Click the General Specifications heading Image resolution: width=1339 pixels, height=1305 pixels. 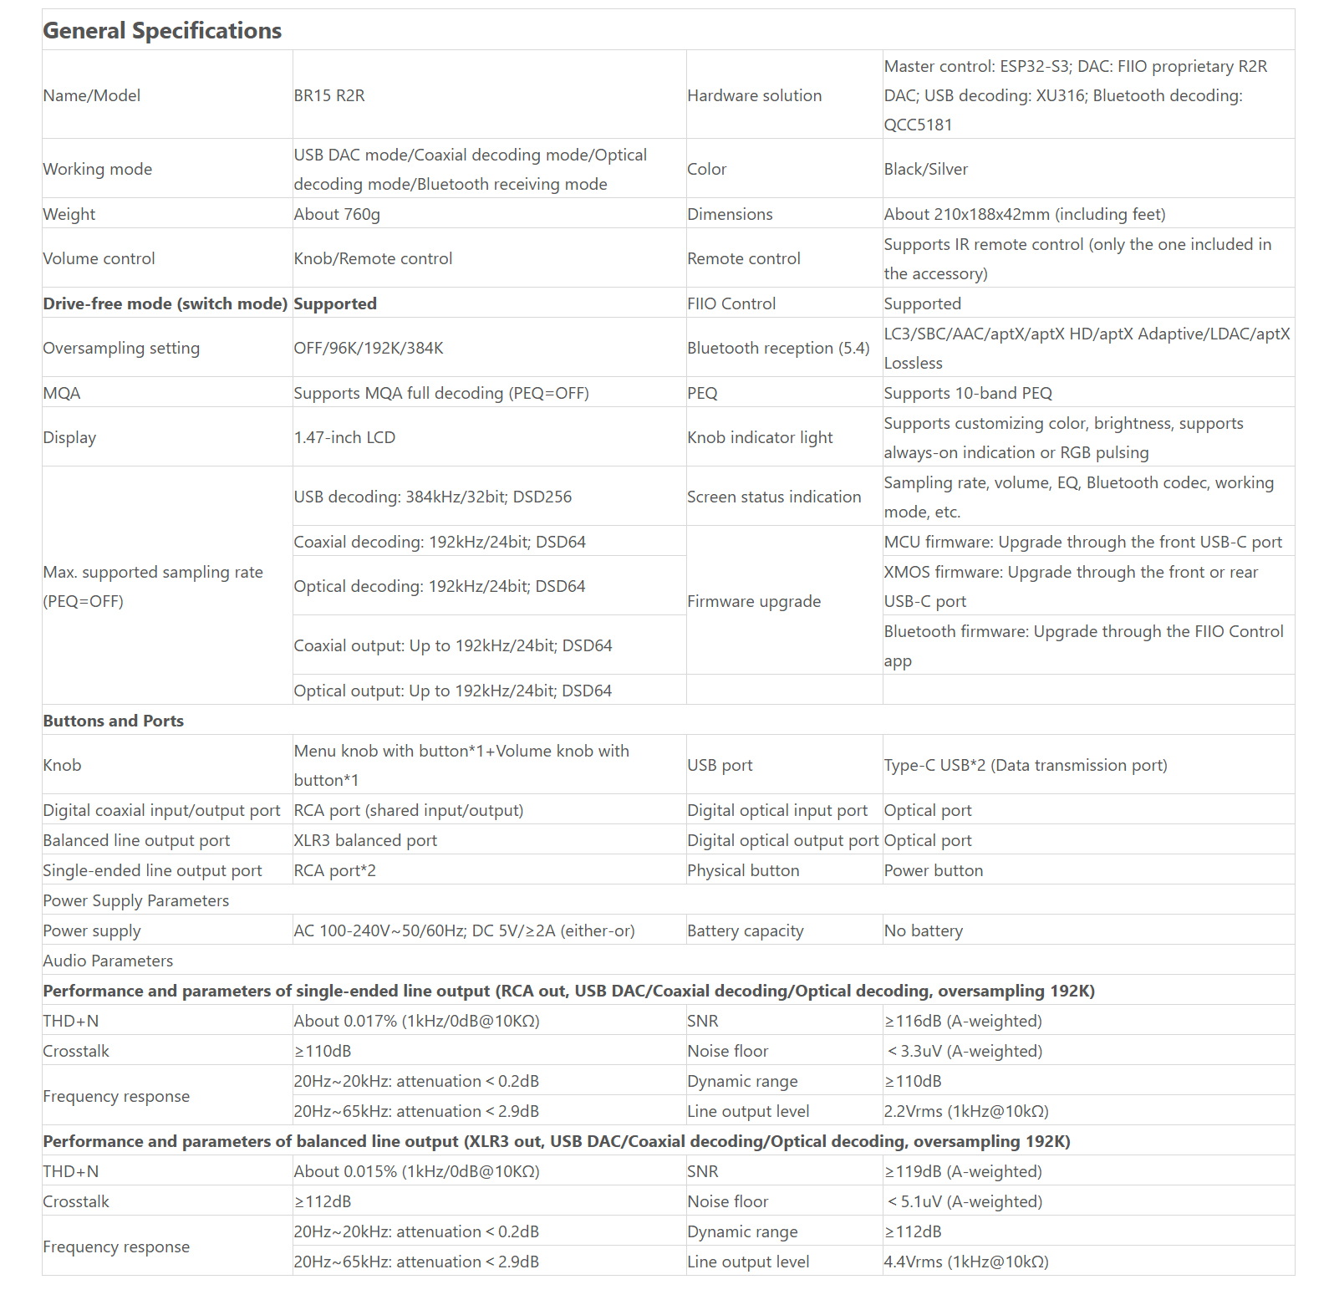click(x=162, y=31)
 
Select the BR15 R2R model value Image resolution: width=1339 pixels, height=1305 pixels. click(x=329, y=95)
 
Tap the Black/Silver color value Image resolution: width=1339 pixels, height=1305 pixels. click(x=925, y=169)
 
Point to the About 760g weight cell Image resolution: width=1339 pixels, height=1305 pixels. click(x=337, y=214)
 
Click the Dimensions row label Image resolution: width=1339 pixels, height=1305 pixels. click(x=730, y=214)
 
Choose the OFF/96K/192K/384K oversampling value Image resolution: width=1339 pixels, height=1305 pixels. click(x=369, y=348)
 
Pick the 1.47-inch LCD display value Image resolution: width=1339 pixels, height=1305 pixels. click(x=344, y=437)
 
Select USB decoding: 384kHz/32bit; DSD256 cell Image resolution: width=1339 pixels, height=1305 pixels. click(x=433, y=497)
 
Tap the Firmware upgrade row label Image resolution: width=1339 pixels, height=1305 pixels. click(x=754, y=601)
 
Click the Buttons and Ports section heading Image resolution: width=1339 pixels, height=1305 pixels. click(x=113, y=721)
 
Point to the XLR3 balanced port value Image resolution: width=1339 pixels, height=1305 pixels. click(x=365, y=840)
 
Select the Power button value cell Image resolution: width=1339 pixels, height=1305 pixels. click(x=933, y=870)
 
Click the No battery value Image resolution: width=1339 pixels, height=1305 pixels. click(x=923, y=930)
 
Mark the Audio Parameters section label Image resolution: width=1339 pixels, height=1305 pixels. click(x=108, y=961)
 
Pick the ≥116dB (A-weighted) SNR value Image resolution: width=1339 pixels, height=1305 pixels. click(x=963, y=1021)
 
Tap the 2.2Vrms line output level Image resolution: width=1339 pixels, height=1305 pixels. click(x=966, y=1111)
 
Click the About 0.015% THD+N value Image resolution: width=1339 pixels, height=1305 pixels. click(x=416, y=1171)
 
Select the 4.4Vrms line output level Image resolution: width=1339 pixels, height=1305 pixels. click(x=966, y=1262)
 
